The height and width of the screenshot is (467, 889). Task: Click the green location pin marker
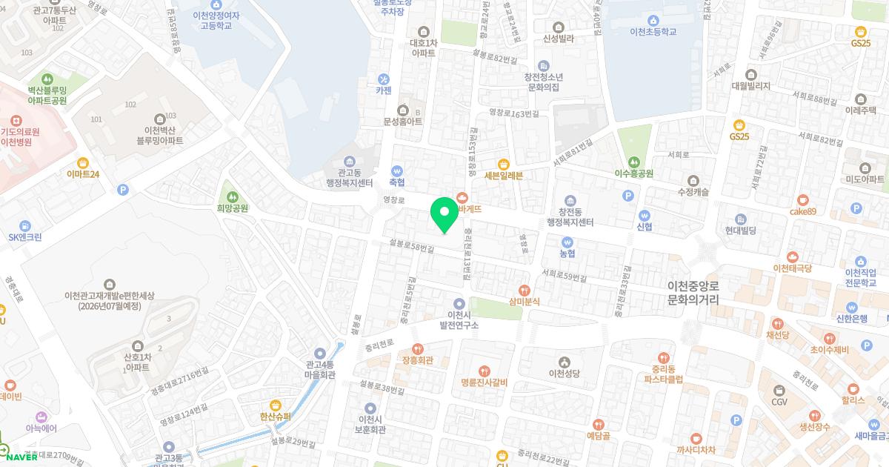tap(444, 214)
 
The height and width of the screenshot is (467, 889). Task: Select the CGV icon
tap(779, 390)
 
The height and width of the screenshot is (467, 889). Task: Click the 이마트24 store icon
tap(83, 162)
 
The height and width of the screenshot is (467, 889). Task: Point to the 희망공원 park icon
tap(233, 197)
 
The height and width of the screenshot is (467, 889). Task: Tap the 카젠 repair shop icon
tap(383, 79)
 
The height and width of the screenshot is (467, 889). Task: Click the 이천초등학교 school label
tap(653, 32)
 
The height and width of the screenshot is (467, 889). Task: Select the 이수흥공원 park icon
tap(633, 162)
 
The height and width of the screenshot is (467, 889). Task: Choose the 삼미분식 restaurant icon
tap(525, 290)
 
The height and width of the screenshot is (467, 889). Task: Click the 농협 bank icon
tap(567, 242)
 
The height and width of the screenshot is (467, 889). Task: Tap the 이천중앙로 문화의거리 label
tap(693, 293)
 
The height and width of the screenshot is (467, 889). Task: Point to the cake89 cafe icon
tap(803, 200)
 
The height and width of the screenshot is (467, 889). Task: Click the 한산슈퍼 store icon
tap(276, 405)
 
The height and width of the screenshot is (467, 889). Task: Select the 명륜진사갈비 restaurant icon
tap(483, 371)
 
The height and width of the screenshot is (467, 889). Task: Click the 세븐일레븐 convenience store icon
tap(504, 164)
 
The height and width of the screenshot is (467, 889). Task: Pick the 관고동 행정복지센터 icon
tap(350, 162)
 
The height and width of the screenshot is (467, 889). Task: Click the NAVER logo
tap(21, 457)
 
